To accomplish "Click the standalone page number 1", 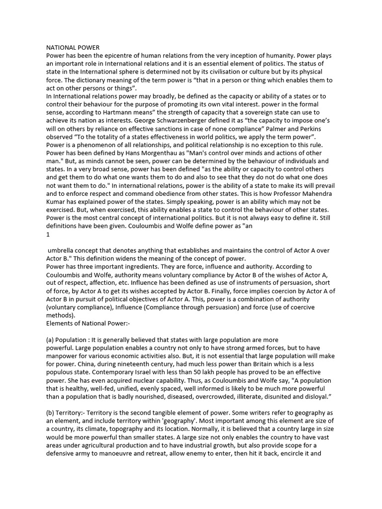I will pos(48,234).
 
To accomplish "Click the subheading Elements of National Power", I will pos(88,323).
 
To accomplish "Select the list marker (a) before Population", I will pos(51,339).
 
